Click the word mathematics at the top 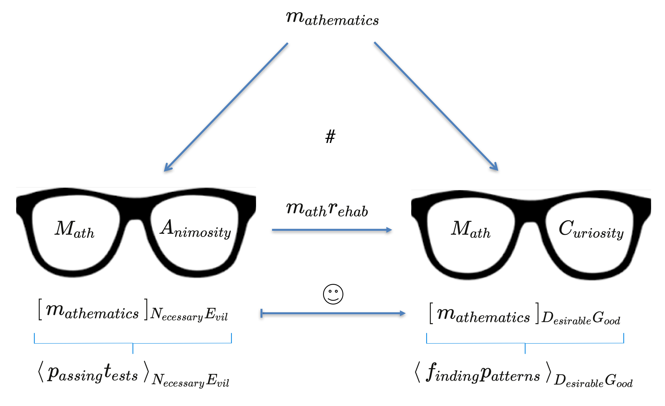(332, 19)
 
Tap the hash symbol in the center (330, 137)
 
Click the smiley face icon (333, 294)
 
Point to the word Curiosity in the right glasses (591, 230)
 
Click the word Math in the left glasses (74, 229)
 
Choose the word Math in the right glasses (470, 229)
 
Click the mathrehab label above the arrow (327, 210)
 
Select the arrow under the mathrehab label (332, 230)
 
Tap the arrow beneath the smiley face (333, 313)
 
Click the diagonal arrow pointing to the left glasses (226, 107)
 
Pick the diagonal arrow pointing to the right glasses (436, 106)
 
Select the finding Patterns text (483, 373)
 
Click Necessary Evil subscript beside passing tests (191, 380)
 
